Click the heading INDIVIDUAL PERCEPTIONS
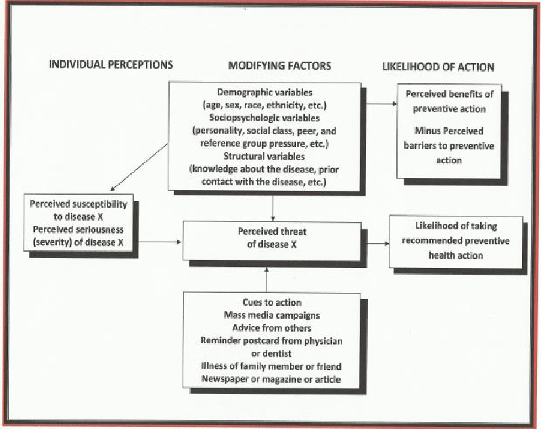111,64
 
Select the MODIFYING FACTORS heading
279,66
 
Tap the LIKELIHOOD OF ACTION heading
438,66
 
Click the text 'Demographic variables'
264,93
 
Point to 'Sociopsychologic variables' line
264,118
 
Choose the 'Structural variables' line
264,156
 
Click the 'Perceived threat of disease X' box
272,241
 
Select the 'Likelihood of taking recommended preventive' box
456,242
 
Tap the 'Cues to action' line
272,302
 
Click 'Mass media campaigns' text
272,315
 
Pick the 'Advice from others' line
272,328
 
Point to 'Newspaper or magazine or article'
271,380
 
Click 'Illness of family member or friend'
271,367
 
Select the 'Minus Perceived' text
449,131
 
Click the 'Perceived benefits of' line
450,94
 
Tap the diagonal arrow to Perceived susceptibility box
139,167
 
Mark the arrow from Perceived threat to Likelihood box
377,244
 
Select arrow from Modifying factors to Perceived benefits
381,104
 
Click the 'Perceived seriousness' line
78,230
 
